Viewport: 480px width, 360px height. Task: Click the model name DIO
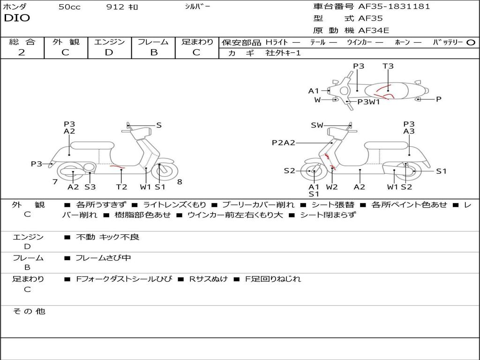click(x=17, y=18)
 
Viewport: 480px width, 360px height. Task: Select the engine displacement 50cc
click(x=69, y=7)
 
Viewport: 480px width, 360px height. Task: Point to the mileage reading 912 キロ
click(x=122, y=7)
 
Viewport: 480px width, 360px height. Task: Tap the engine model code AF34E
click(x=374, y=31)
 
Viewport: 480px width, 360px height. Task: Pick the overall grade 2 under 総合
click(x=22, y=52)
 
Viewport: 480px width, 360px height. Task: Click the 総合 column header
click(x=22, y=42)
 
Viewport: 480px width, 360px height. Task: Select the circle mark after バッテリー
click(x=471, y=42)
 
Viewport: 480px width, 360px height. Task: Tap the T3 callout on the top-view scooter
click(x=388, y=66)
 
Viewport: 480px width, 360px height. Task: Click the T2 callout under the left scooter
click(x=121, y=187)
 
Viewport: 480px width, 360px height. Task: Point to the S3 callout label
click(x=90, y=187)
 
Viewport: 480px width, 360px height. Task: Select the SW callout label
click(x=317, y=125)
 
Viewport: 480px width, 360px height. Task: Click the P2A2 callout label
click(x=284, y=142)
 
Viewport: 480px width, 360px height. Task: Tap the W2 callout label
click(x=332, y=187)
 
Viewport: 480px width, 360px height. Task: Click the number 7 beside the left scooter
click(x=55, y=181)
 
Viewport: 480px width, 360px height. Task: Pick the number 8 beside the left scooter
click(x=180, y=181)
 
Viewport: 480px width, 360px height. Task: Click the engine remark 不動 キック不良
click(x=107, y=237)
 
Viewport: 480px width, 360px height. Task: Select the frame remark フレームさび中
click(x=103, y=258)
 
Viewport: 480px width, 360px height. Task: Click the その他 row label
click(x=28, y=311)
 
